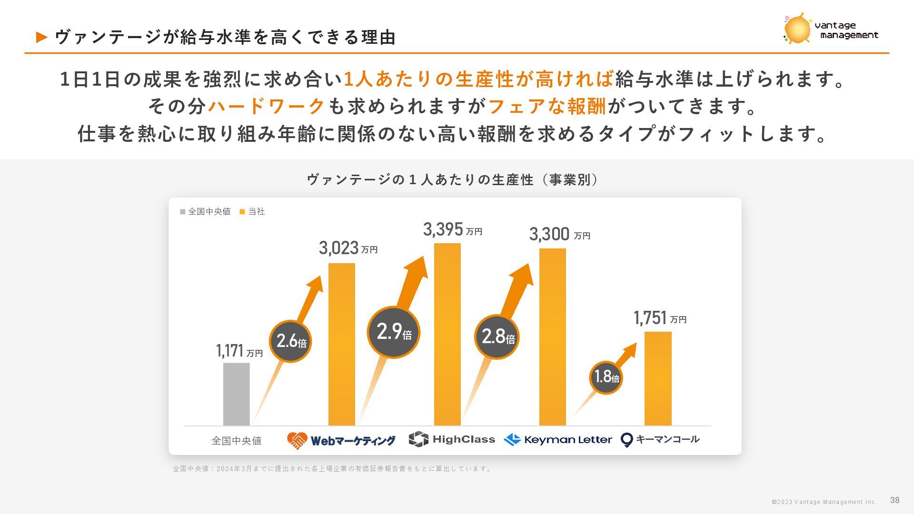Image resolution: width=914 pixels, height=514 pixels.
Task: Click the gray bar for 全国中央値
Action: click(236, 394)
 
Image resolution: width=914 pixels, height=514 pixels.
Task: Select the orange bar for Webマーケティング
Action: click(342, 344)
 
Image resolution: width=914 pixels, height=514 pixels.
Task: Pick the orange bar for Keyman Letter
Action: click(552, 336)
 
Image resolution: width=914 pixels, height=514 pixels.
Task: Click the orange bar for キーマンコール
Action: click(658, 378)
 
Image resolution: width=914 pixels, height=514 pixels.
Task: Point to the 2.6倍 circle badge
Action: click(290, 341)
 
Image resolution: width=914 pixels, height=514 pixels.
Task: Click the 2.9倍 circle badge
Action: click(393, 332)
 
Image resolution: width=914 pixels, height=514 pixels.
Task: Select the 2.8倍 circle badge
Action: click(497, 337)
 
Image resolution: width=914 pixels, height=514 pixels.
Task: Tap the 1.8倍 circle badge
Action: click(606, 377)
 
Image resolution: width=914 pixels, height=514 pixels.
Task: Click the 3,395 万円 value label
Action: click(452, 229)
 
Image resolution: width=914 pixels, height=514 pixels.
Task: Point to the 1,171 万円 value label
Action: click(239, 351)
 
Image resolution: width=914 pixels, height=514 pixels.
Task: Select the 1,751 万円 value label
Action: click(660, 318)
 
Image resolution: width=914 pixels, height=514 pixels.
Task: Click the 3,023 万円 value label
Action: click(348, 248)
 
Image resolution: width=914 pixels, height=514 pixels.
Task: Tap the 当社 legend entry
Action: click(252, 211)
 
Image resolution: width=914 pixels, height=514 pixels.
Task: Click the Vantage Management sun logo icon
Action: click(797, 29)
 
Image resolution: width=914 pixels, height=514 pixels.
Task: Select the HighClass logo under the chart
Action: click(452, 439)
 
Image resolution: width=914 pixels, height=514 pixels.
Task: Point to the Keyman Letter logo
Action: click(558, 439)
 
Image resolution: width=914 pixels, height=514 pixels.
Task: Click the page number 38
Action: click(894, 500)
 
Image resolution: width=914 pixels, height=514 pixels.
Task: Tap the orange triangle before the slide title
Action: click(42, 37)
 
